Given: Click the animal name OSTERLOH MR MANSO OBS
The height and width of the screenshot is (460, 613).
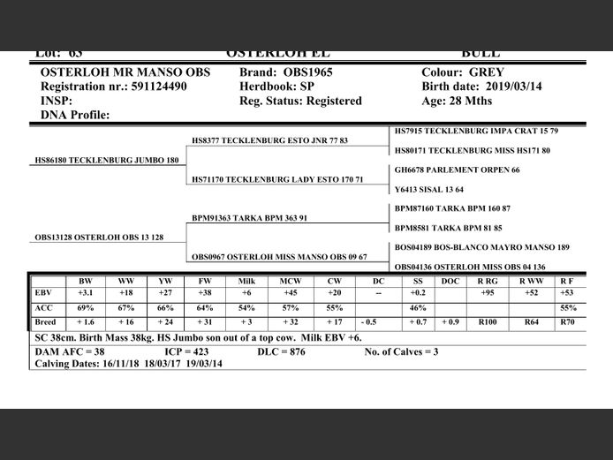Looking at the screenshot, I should tap(125, 72).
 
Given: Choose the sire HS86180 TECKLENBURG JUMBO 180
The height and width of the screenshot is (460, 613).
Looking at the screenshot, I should tap(106, 161).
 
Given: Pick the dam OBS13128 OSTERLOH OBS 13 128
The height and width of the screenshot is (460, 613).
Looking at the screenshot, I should tap(99, 238).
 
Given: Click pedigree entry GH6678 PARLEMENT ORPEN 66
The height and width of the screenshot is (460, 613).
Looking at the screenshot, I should tap(457, 170).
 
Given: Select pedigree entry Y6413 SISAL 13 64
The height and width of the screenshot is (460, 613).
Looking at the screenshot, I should tap(429, 189).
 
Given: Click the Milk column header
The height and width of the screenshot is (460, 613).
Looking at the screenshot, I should tap(247, 281).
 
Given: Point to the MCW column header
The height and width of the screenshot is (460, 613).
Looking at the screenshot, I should tap(289, 281).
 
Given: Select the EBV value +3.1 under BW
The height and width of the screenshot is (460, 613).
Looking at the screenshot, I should tap(86, 293).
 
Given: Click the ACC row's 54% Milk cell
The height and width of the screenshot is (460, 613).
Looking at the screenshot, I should tap(247, 307).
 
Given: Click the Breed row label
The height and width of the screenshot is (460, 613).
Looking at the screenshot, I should tap(45, 322).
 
